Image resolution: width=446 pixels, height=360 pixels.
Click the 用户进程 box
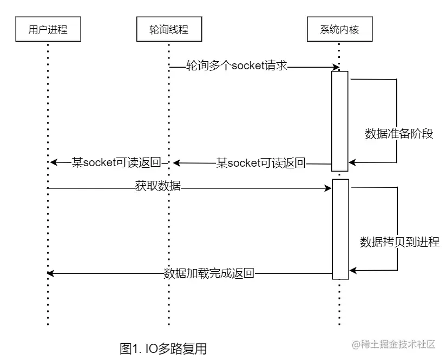(48, 30)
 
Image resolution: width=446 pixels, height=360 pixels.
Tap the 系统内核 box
(339, 30)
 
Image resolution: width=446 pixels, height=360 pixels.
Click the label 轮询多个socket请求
(237, 67)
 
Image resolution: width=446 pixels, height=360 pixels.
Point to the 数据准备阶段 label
(399, 134)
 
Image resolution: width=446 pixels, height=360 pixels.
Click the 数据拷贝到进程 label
(399, 242)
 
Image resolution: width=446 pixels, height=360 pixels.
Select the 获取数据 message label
(158, 187)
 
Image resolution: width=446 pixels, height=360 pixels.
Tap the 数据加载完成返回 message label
(208, 273)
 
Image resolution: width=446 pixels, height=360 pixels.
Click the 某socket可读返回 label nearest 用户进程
(118, 162)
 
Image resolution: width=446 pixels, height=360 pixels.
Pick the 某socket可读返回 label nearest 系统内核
(261, 162)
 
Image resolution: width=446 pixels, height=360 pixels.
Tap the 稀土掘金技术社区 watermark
(394, 345)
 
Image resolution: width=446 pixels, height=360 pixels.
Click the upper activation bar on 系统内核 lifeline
(339, 121)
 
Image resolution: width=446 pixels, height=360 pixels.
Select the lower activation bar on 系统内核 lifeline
(340, 228)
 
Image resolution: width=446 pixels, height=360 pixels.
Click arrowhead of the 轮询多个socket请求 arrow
(336, 67)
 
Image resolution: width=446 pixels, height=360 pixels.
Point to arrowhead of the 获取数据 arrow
(328, 188)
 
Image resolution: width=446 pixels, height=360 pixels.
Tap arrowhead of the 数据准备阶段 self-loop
(352, 162)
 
